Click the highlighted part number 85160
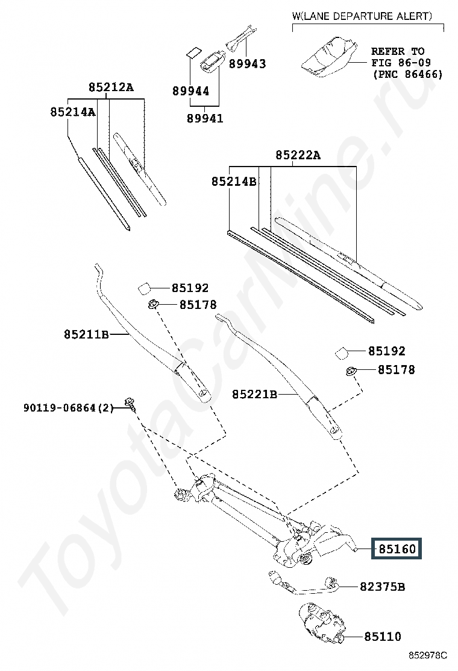[397, 549]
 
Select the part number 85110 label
[383, 637]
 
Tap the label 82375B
[382, 587]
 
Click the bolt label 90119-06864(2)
[68, 408]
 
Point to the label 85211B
[86, 334]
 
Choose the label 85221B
[254, 394]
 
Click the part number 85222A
[298, 155]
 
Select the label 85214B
[234, 182]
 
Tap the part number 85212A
[111, 87]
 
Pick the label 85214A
[73, 112]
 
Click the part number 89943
[247, 64]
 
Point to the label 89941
[205, 118]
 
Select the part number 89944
[190, 91]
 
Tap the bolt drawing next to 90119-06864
[130, 404]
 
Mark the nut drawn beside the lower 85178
[351, 371]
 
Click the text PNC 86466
[408, 74]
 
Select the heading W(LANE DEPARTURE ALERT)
[362, 16]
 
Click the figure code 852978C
[428, 655]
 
